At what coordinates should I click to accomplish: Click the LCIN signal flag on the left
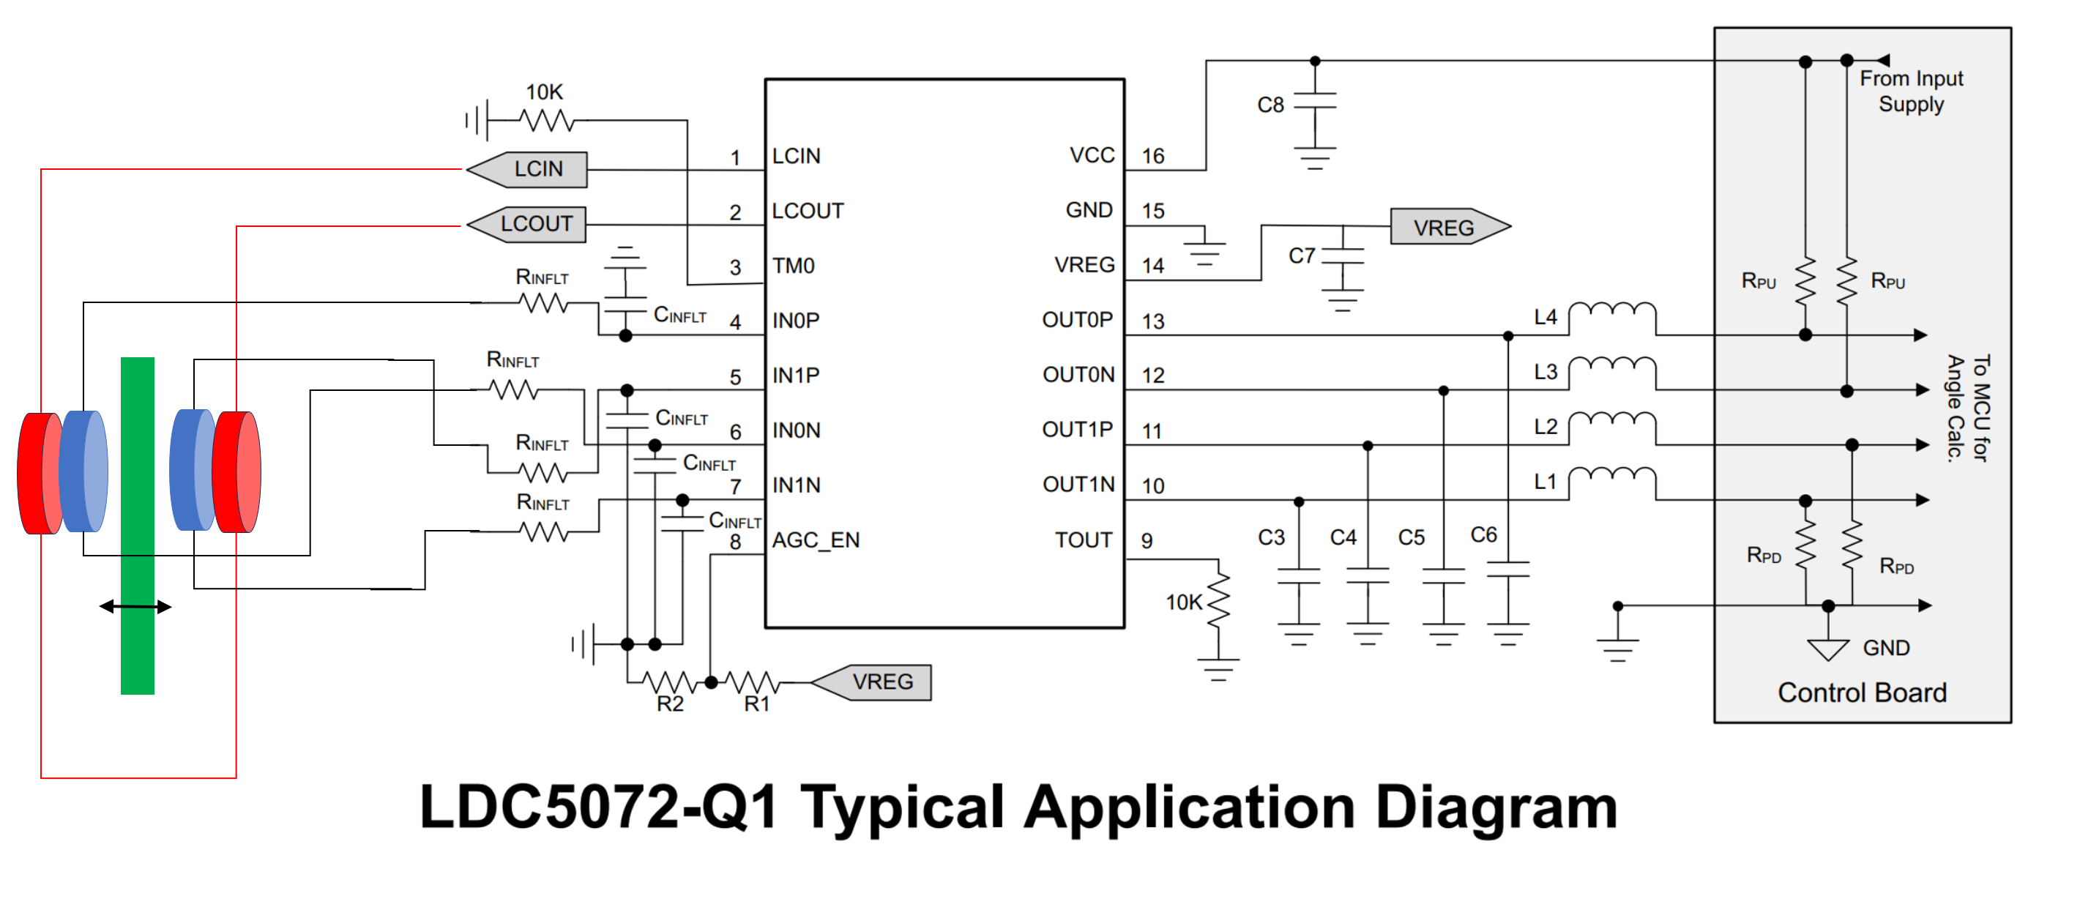click(x=527, y=170)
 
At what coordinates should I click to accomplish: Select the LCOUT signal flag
click(x=527, y=225)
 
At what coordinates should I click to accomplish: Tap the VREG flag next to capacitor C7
click(x=1450, y=227)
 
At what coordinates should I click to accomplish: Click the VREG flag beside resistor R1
click(x=871, y=682)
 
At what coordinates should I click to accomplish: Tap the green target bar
click(x=137, y=526)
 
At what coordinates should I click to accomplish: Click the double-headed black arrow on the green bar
click(x=135, y=606)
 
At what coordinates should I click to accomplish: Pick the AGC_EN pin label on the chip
click(x=816, y=540)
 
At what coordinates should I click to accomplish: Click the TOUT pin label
click(x=1084, y=540)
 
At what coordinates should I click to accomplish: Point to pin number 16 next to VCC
click(x=1153, y=156)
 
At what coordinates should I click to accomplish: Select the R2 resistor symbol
click(x=669, y=683)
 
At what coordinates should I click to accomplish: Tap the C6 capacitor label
click(x=1483, y=534)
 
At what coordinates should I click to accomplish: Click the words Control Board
click(x=1862, y=693)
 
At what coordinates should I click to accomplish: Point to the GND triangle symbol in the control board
click(x=1828, y=649)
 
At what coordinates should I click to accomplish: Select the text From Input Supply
click(x=1911, y=92)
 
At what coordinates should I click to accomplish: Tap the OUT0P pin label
click(x=1077, y=321)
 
